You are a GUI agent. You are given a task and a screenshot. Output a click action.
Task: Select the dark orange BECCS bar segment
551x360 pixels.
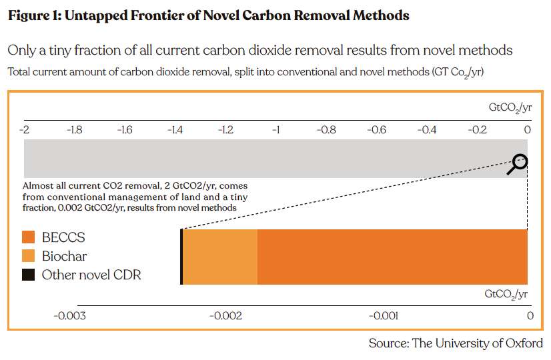pos(392,257)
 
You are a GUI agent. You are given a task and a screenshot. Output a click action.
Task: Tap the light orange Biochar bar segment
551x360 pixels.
pos(220,257)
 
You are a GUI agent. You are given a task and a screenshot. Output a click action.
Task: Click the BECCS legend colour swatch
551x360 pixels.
pos(28,237)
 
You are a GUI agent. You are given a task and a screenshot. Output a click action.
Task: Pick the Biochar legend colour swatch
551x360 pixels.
pos(28,256)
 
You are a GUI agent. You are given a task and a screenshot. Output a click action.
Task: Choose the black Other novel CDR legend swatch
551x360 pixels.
pos(28,275)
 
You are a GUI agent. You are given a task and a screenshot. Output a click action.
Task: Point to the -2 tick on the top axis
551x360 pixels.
pos(25,129)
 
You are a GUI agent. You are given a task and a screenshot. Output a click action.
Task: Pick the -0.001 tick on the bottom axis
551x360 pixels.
pos(383,315)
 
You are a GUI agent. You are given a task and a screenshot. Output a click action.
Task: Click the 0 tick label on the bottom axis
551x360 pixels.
pos(530,315)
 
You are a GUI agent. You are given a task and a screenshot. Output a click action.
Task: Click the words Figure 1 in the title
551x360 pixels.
pos(35,15)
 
